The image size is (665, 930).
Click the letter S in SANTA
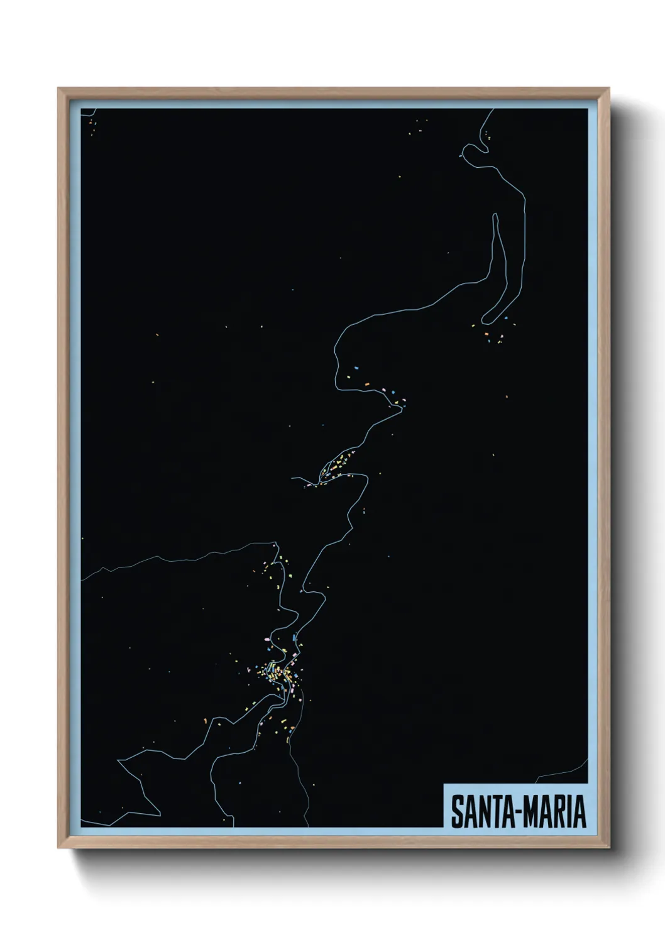pos(456,812)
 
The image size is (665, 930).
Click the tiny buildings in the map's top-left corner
pos(92,129)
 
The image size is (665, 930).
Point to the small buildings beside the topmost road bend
pos(488,134)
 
